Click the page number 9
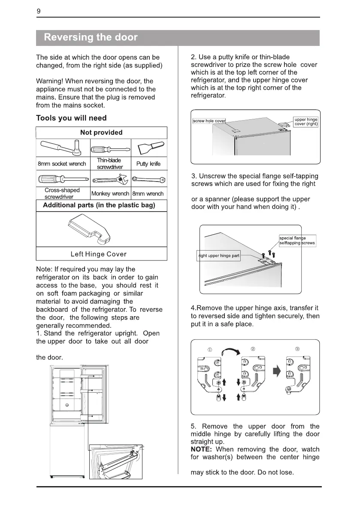click(39, 12)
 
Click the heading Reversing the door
click(91, 37)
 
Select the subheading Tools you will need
click(71, 118)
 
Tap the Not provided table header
click(101, 133)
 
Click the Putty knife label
click(148, 163)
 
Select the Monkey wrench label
click(110, 194)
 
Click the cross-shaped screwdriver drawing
click(63, 179)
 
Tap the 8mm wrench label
click(148, 194)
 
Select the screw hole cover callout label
click(209, 121)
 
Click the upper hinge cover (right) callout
click(306, 121)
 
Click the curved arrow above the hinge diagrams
click(232, 352)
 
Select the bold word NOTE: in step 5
click(201, 449)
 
